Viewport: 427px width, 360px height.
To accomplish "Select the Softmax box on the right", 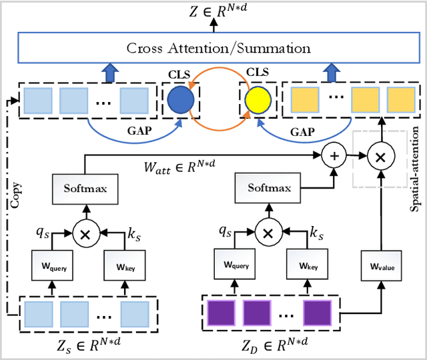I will tap(269, 189).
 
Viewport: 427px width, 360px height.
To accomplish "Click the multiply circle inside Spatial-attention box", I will tap(381, 156).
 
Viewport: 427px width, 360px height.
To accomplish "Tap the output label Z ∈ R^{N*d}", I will tap(213, 9).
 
